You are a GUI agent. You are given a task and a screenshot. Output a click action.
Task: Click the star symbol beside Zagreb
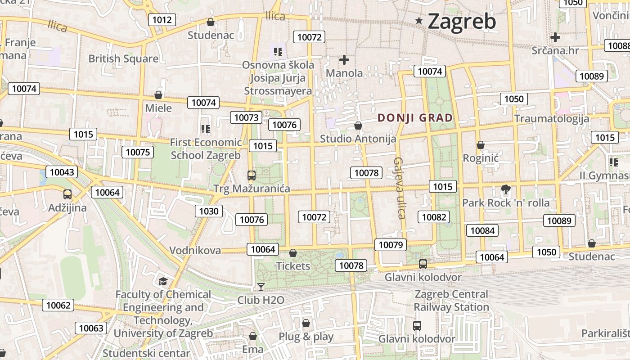pyautogui.click(x=419, y=21)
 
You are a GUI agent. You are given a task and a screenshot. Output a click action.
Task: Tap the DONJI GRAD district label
pyautogui.click(x=415, y=118)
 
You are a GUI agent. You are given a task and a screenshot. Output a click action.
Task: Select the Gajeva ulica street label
pyautogui.click(x=399, y=188)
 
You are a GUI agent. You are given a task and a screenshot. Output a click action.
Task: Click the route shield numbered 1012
pyautogui.click(x=162, y=19)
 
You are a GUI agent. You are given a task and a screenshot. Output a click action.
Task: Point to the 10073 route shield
pyautogui.click(x=246, y=117)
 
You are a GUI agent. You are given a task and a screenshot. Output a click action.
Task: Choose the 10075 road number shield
pyautogui.click(x=138, y=152)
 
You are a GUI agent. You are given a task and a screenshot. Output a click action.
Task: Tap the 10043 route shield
pyautogui.click(x=62, y=172)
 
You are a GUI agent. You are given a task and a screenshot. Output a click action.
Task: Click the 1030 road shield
pyautogui.click(x=208, y=211)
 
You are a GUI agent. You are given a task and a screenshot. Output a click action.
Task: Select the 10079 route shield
pyautogui.click(x=390, y=245)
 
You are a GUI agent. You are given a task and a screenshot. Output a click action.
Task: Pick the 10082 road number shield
pyautogui.click(x=434, y=217)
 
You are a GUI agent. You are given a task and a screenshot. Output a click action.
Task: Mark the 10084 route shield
pyautogui.click(x=482, y=231)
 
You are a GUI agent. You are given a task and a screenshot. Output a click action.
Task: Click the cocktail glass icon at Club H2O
pyautogui.click(x=261, y=287)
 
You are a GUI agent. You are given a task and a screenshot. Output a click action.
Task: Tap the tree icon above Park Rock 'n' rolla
pyautogui.click(x=506, y=189)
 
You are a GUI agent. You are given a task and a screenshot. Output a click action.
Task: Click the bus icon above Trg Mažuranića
pyautogui.click(x=252, y=175)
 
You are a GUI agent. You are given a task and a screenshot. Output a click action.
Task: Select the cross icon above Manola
pyautogui.click(x=344, y=59)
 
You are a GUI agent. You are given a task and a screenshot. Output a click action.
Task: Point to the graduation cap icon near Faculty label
pyautogui.click(x=163, y=281)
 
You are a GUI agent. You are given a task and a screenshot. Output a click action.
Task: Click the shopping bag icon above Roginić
pyautogui.click(x=481, y=145)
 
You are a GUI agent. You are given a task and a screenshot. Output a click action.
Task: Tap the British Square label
pyautogui.click(x=123, y=58)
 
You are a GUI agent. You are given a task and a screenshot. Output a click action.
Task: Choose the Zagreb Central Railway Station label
pyautogui.click(x=451, y=301)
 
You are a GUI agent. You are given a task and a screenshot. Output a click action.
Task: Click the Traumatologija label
pyautogui.click(x=552, y=119)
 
